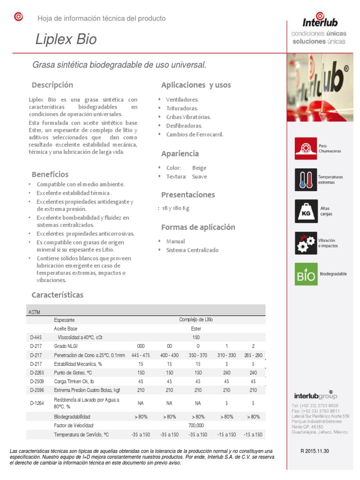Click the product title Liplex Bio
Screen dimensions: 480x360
point(66,39)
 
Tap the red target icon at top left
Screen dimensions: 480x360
point(18,17)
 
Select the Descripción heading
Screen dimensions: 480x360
point(52,85)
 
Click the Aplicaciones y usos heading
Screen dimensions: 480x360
point(196,85)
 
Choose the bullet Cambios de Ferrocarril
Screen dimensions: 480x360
point(195,135)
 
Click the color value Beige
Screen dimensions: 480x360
point(199,168)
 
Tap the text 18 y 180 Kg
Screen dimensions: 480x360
point(175,208)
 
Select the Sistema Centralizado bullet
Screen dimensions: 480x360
point(192,250)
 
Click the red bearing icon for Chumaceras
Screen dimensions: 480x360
point(306,149)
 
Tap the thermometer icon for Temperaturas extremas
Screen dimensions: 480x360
point(306,180)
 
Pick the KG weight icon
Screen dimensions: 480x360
point(306,211)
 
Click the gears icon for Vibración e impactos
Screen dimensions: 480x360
point(306,243)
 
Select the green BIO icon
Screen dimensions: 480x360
point(306,274)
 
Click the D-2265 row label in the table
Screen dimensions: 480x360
point(37,373)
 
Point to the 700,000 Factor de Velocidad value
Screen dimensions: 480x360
point(196,425)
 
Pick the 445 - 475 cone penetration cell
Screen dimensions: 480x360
point(141,355)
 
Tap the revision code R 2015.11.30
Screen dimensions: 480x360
point(315,451)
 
